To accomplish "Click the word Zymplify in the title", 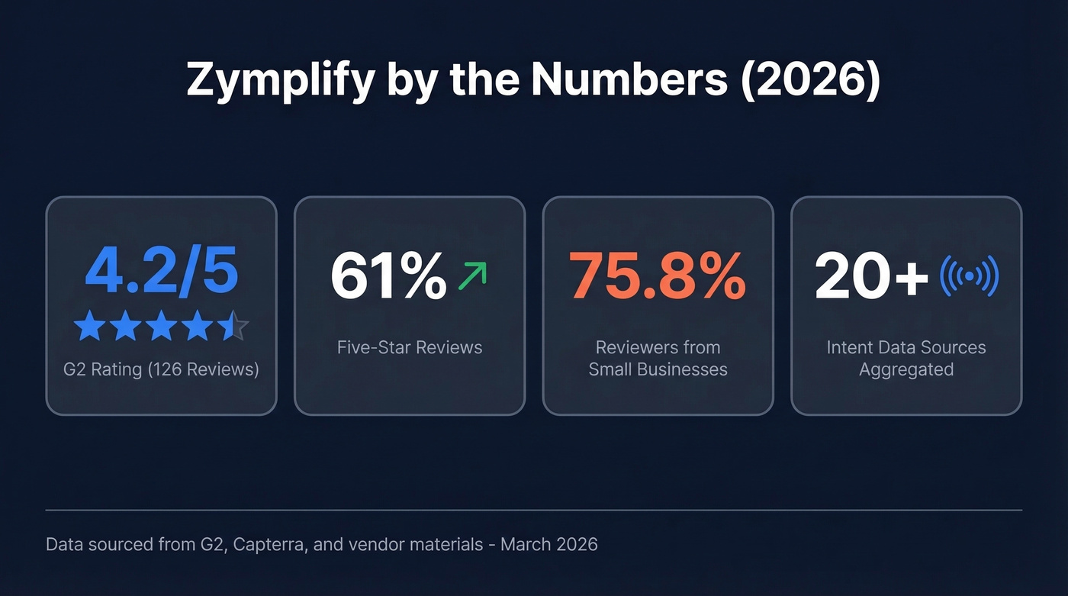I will point(279,79).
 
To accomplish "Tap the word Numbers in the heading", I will point(629,79).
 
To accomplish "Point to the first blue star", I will point(89,326).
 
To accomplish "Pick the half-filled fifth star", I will point(233,326).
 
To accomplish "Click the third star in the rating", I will point(162,326).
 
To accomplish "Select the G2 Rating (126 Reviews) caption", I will point(161,369).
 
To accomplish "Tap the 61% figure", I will point(388,276).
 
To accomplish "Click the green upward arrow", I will point(472,276).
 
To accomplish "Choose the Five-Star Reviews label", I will point(410,347).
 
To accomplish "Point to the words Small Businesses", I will point(658,369).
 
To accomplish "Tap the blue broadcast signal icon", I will point(969,276).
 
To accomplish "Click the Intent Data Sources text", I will point(906,347).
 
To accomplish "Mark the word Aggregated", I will point(906,369).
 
